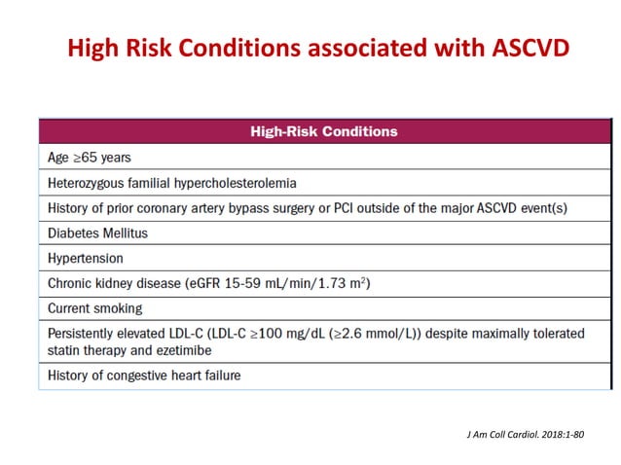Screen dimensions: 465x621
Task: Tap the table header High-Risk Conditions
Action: [x=310, y=131]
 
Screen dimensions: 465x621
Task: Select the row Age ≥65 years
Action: [x=90, y=157]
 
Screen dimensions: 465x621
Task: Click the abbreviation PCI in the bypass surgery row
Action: [x=393, y=207]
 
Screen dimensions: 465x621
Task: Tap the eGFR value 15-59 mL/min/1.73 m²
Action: [x=298, y=283]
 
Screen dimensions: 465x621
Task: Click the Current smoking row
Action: [x=95, y=308]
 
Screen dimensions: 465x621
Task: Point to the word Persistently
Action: [x=84, y=333]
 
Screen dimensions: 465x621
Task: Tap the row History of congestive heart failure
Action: [x=144, y=376]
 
